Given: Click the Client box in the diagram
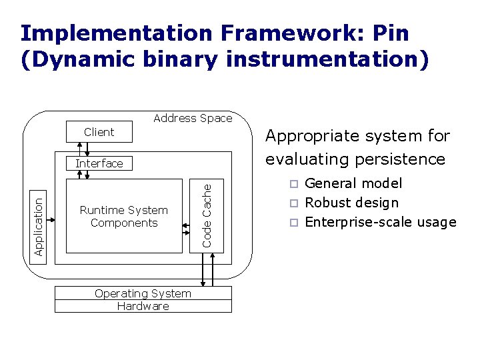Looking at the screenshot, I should pyautogui.click(x=99, y=132).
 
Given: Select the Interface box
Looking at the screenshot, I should pyautogui.click(x=99, y=163).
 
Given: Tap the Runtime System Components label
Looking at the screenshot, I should pyautogui.click(x=124, y=217).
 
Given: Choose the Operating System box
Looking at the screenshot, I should pyautogui.click(x=143, y=293).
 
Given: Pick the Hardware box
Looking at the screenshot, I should pyautogui.click(x=143, y=307).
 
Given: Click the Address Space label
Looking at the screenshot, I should pyautogui.click(x=193, y=118).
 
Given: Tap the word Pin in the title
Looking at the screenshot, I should pyautogui.click(x=391, y=33).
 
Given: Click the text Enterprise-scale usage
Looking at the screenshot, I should pyautogui.click(x=381, y=223).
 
